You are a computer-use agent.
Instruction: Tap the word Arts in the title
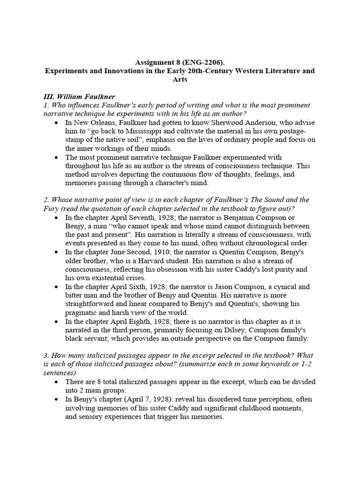[x=180, y=80]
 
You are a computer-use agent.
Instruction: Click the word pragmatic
[x=85, y=313]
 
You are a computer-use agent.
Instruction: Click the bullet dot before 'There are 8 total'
[x=57, y=382]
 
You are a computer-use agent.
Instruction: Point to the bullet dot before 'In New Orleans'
[x=57, y=123]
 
